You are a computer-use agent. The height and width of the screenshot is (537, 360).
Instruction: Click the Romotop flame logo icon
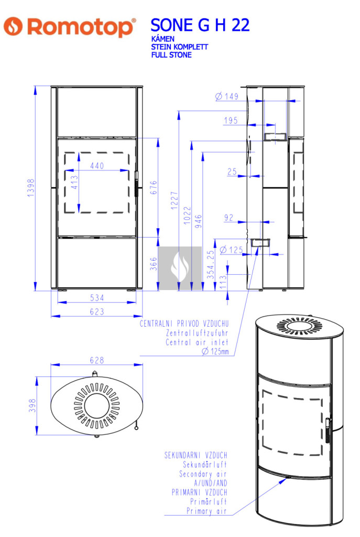13,26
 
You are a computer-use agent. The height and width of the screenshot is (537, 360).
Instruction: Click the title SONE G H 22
200,25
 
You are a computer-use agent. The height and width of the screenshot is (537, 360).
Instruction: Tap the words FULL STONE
171,55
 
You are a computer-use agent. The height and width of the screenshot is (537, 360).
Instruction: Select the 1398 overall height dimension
31,188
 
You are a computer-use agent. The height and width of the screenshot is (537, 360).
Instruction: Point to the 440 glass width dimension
97,166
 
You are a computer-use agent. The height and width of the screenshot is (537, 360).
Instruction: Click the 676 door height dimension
154,187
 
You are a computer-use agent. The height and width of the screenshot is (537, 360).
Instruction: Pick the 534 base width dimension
97,298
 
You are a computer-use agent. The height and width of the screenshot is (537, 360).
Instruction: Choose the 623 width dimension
97,312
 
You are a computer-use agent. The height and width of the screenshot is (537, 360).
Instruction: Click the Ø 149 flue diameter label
227,96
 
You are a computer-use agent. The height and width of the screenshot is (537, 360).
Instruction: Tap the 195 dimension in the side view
231,121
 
